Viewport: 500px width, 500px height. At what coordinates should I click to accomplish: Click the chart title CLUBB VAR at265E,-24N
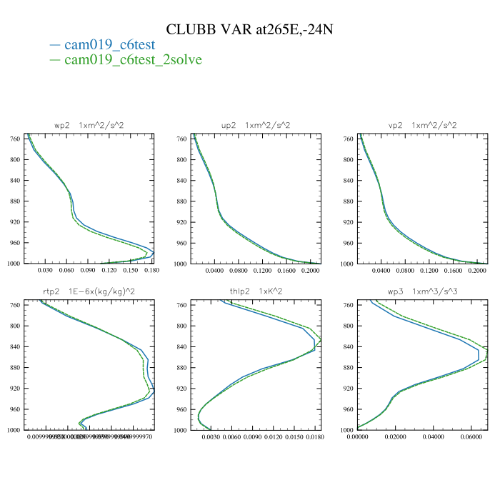tap(250, 29)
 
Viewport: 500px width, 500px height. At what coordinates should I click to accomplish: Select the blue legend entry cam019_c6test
tap(109, 45)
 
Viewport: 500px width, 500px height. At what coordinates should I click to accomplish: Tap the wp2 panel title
tap(89, 126)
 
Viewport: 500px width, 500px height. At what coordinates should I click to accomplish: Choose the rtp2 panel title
tap(89, 291)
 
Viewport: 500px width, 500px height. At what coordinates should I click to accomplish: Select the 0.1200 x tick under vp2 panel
tap(428, 271)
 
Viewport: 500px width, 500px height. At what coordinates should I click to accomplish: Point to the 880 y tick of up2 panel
tap(181, 201)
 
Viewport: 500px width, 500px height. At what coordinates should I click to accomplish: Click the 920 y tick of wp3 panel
tap(347, 389)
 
